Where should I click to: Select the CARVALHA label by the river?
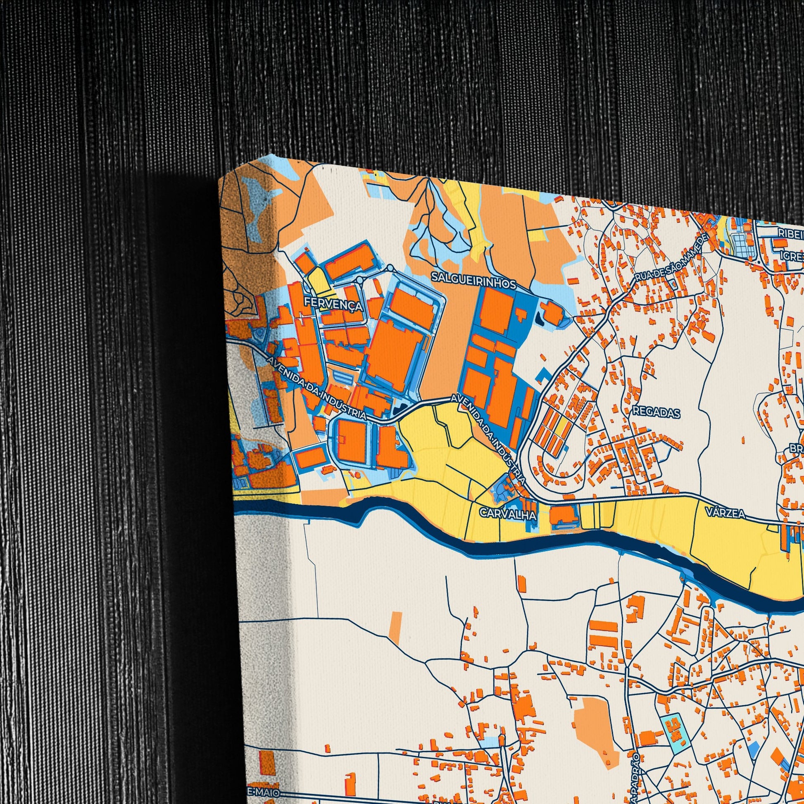[x=508, y=514]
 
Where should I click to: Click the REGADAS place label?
[x=656, y=413]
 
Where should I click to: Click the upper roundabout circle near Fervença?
[x=390, y=268]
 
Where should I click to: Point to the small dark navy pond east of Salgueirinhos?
[x=540, y=320]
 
